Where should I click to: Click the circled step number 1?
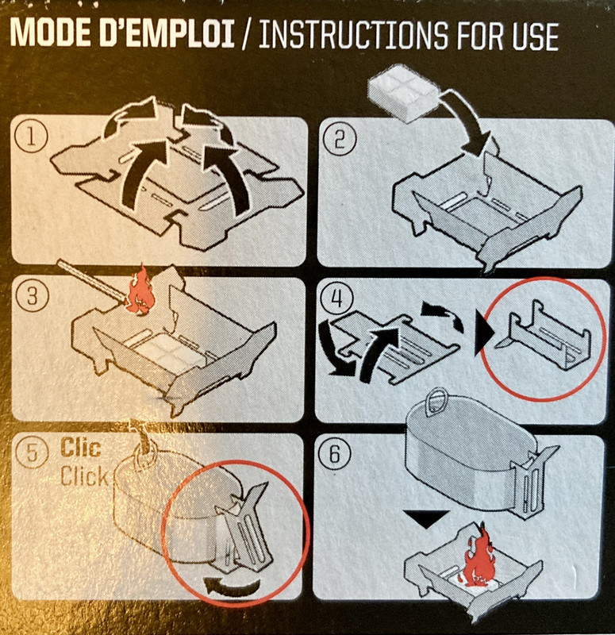pyautogui.click(x=31, y=137)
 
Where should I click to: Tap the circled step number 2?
pyautogui.click(x=340, y=140)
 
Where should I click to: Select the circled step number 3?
pyautogui.click(x=32, y=296)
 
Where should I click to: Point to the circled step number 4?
pyautogui.click(x=336, y=299)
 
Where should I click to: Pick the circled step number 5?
pyautogui.click(x=32, y=452)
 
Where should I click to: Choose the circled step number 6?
pyautogui.click(x=335, y=454)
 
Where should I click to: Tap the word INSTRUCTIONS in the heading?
pyautogui.click(x=353, y=35)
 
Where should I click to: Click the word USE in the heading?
pyautogui.click(x=535, y=36)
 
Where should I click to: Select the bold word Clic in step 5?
pyautogui.click(x=80, y=448)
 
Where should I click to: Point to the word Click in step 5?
pyautogui.click(x=84, y=476)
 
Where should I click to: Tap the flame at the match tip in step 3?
pyautogui.click(x=140, y=291)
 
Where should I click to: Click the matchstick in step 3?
pyautogui.click(x=92, y=282)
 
